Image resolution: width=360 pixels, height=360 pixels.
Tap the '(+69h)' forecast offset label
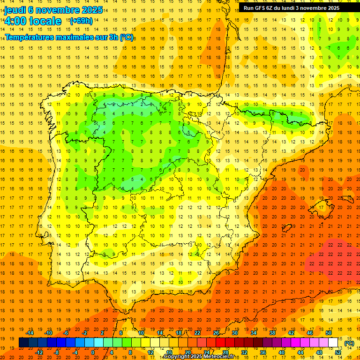(81, 21)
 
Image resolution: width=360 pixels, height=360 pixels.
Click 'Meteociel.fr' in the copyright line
(220, 357)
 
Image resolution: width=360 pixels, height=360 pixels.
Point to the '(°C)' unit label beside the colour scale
(349, 343)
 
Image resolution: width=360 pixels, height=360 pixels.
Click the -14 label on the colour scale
(30, 333)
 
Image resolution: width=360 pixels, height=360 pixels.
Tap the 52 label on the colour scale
(338, 352)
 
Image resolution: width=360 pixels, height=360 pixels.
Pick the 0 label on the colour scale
(93, 352)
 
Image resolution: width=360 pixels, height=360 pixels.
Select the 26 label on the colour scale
(216, 333)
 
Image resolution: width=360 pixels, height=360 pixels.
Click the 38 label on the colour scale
(272, 333)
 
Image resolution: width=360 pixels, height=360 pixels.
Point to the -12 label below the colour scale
(39, 352)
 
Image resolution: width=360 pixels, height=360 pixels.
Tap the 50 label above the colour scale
(329, 333)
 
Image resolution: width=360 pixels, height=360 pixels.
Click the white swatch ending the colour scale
(333, 343)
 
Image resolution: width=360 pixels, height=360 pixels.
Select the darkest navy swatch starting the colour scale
(23, 343)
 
